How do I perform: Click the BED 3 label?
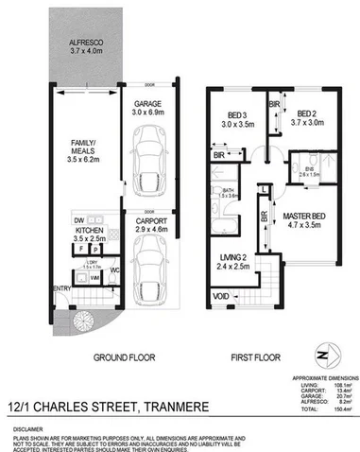(x=231, y=115)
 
